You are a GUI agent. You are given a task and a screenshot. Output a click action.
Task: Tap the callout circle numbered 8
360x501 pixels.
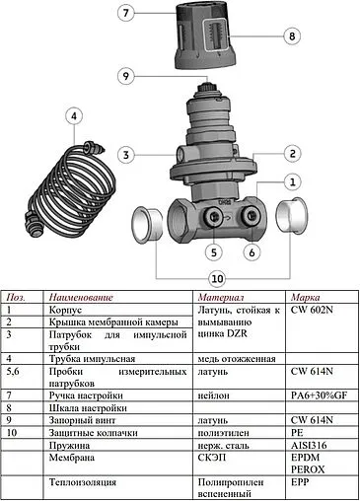point(291,36)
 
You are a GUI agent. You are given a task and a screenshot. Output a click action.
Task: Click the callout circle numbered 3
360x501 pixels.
point(124,154)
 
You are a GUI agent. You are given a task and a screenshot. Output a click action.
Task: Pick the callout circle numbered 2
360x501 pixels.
point(292,153)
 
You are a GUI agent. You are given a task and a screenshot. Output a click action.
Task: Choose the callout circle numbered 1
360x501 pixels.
point(292,181)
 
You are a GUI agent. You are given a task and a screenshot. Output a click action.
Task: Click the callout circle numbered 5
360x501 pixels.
point(214,250)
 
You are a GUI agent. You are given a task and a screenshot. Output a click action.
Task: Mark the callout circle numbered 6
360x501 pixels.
point(252,251)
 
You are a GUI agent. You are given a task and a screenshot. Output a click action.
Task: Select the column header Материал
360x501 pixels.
point(220,297)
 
